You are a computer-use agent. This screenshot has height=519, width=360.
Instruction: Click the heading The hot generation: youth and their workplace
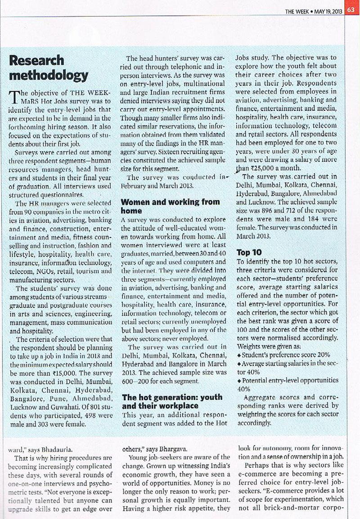172,401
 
